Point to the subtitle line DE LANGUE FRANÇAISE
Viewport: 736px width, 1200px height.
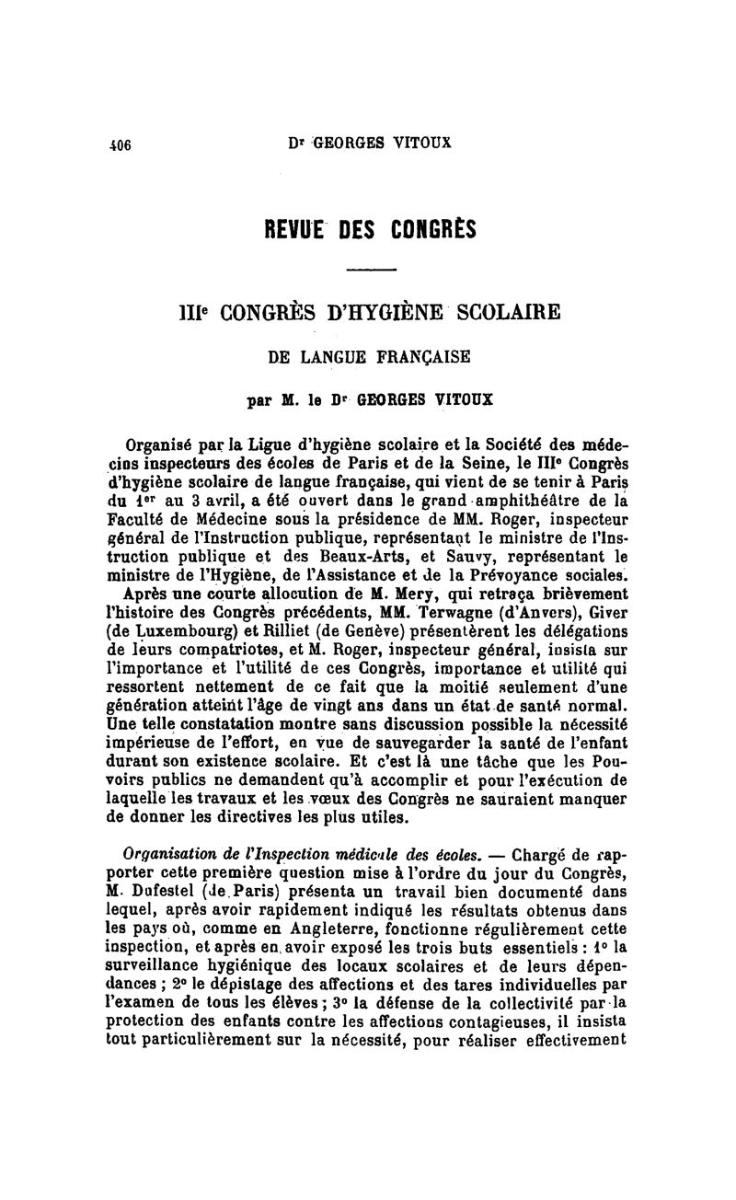click(371, 356)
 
